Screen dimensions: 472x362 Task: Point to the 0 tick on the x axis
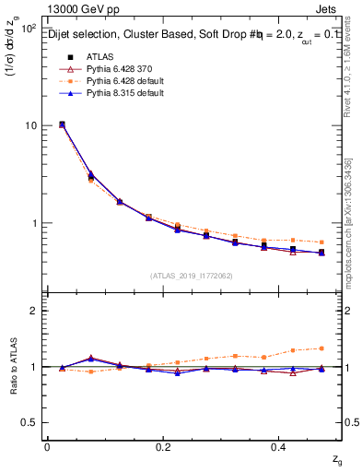(x=47, y=446)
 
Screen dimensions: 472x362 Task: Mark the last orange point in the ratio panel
(x=321, y=348)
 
